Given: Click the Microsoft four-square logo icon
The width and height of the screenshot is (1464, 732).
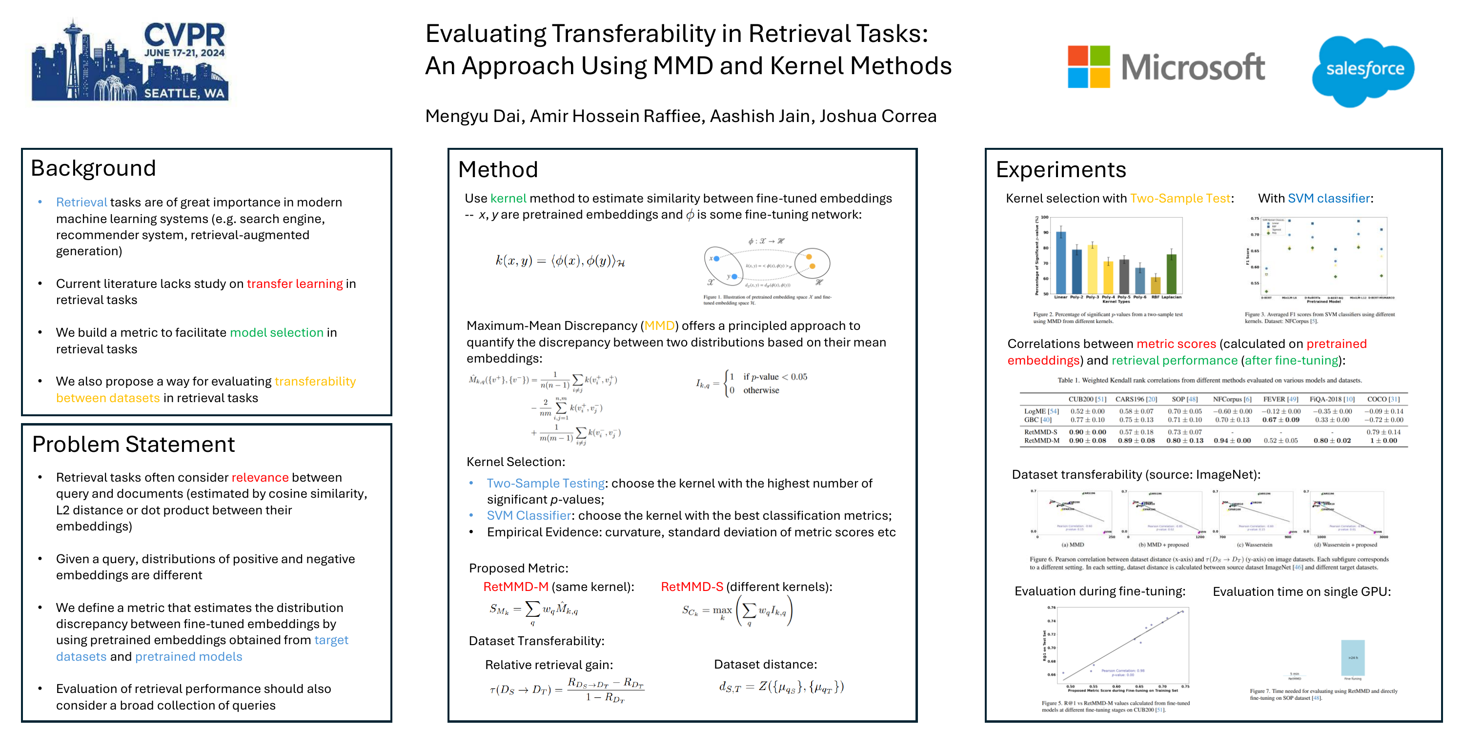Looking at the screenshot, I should click(1088, 66).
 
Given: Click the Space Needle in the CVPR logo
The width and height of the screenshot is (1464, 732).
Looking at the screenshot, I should click(73, 51).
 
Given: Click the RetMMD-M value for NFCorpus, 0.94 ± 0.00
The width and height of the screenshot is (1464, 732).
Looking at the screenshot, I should click(1232, 441).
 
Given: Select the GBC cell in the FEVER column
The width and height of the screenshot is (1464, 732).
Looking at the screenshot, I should click(1281, 420).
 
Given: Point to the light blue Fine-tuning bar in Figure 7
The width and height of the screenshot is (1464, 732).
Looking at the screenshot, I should click(1353, 657).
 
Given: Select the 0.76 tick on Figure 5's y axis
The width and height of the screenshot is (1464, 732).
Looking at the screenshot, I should click(1052, 608).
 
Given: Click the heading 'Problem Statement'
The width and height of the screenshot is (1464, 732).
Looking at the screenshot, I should click(133, 445).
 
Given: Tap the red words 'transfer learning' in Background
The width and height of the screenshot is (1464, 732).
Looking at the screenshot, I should click(294, 284).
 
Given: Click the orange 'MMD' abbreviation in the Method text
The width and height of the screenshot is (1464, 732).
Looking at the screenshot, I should click(659, 325).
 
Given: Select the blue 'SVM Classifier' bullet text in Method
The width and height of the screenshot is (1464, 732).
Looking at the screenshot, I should click(529, 515).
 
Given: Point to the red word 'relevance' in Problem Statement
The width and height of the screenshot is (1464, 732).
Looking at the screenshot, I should click(260, 477).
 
